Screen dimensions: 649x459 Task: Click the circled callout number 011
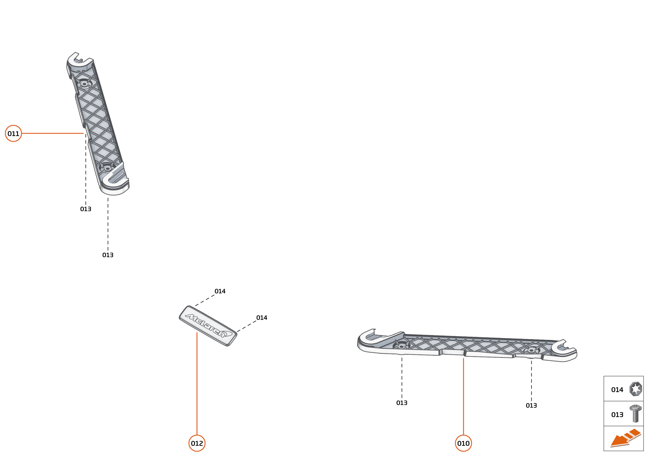tap(13, 133)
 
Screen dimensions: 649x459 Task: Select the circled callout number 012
tap(197, 443)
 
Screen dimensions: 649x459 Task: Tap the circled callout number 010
tap(463, 443)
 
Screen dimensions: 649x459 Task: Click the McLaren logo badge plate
tap(208, 326)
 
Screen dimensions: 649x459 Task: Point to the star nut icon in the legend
tap(636, 389)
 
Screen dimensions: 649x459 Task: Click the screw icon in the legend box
tap(636, 414)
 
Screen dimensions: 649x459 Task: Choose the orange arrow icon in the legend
tap(625, 438)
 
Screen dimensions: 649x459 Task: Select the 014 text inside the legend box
tap(617, 390)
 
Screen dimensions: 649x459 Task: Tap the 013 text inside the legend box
tap(617, 415)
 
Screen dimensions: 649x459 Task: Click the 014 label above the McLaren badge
tap(220, 291)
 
